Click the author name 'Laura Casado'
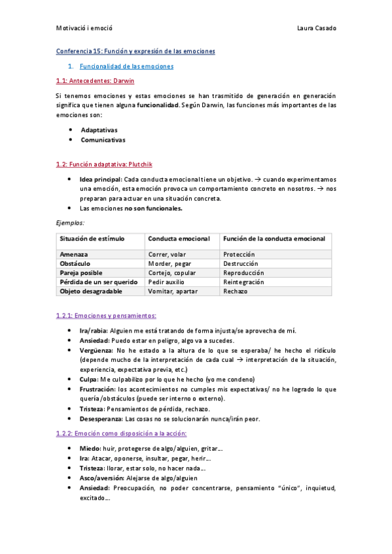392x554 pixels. pyautogui.click(x=317, y=28)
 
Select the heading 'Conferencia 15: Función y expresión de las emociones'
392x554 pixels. pyautogui.click(x=135, y=51)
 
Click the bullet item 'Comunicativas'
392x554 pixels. pyautogui.click(x=103, y=140)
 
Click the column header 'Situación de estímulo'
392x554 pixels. pyautogui.click(x=92, y=238)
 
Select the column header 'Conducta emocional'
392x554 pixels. pyautogui.click(x=179, y=238)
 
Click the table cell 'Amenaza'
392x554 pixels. pyautogui.click(x=74, y=254)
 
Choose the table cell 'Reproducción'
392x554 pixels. pyautogui.click(x=243, y=272)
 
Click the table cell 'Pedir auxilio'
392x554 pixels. pyautogui.click(x=169, y=282)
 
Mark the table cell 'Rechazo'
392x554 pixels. pyautogui.click(x=235, y=291)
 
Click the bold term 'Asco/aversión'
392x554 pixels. pyautogui.click(x=102, y=478)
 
